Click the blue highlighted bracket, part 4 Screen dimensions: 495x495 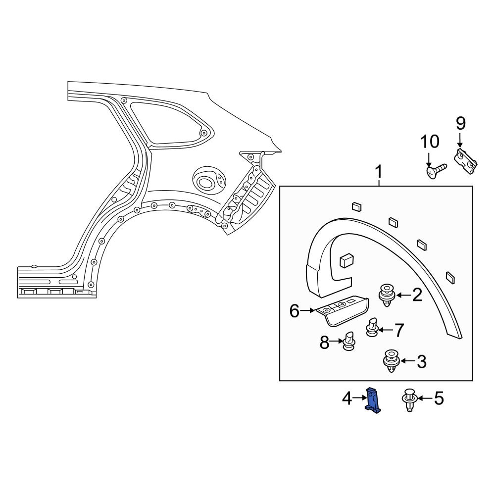pyautogui.click(x=374, y=400)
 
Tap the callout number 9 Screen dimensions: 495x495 pyautogui.click(x=460, y=123)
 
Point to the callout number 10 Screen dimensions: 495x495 pyautogui.click(x=430, y=142)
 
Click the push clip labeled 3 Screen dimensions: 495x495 pyautogui.click(x=392, y=361)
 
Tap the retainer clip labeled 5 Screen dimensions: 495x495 pyautogui.click(x=409, y=399)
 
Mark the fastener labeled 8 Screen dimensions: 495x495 pyautogui.click(x=349, y=342)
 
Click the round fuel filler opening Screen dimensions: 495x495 pyautogui.click(x=204, y=182)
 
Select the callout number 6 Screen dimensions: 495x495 pyautogui.click(x=295, y=311)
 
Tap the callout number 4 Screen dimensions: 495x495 pyautogui.click(x=347, y=398)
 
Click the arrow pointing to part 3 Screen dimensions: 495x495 pyautogui.click(x=407, y=361)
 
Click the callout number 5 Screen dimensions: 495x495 pyautogui.click(x=439, y=398)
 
